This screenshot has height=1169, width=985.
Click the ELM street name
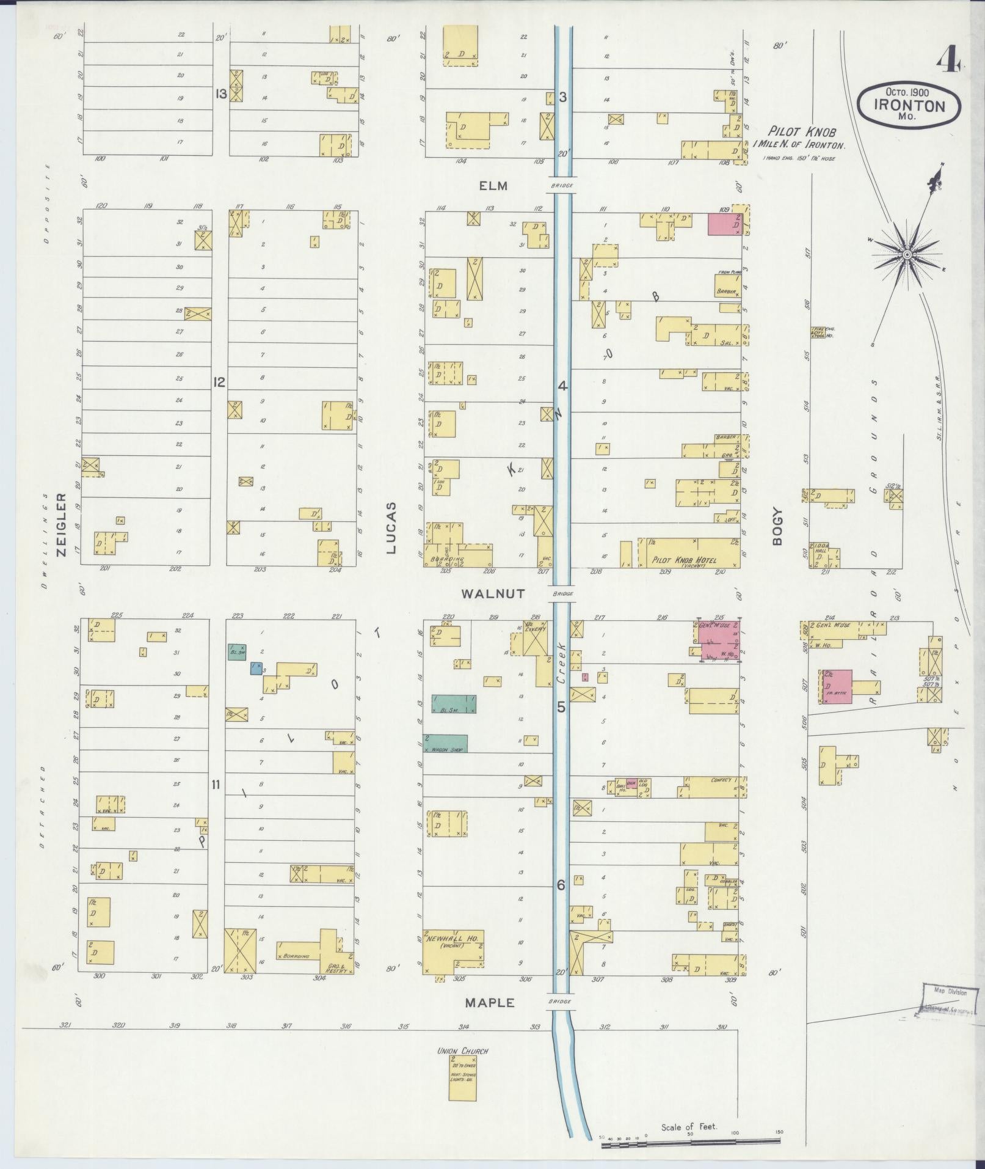[493, 186]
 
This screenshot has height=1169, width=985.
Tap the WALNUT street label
[493, 593]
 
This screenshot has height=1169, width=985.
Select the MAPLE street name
[490, 1003]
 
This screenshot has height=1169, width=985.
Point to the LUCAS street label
[391, 528]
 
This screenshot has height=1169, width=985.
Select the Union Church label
[462, 1051]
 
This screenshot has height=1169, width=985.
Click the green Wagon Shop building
[446, 743]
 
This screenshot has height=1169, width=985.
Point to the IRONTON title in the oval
[909, 105]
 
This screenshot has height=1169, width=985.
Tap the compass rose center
[908, 254]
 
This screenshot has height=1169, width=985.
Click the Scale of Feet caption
[689, 1126]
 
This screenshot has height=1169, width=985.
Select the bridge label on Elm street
[560, 186]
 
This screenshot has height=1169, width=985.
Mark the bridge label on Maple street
[560, 1002]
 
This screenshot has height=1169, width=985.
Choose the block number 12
[219, 383]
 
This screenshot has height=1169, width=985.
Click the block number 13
[220, 94]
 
